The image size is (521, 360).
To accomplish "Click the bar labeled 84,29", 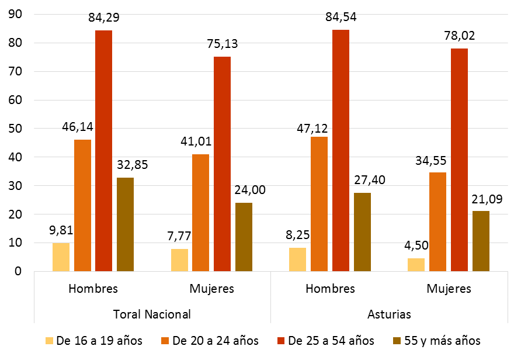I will click(x=104, y=151).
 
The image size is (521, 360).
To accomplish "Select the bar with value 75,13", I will click(x=222, y=164).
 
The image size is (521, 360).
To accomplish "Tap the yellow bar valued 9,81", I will click(x=61, y=257).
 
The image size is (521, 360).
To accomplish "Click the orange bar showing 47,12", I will click(x=319, y=204).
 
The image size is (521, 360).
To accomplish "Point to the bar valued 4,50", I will click(x=416, y=265).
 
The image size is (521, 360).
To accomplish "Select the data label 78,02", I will click(x=459, y=36).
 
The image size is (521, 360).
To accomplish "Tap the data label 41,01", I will click(x=200, y=141).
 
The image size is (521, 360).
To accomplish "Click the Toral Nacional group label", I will click(x=151, y=314).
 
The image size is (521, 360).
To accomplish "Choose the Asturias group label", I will click(x=389, y=314).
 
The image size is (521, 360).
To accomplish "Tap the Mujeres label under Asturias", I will click(x=449, y=289).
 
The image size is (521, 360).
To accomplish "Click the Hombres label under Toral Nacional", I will click(x=93, y=289).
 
